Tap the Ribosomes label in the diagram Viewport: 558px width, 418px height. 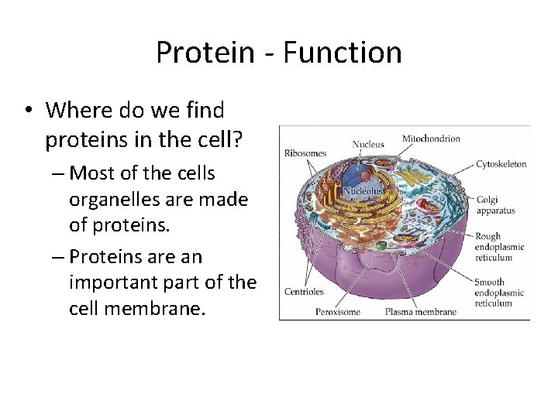pyautogui.click(x=305, y=152)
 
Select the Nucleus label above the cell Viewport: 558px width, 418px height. pyautogui.click(x=368, y=144)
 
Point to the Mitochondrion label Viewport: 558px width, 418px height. pyautogui.click(x=431, y=139)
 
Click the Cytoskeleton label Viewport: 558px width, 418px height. pyautogui.click(x=501, y=164)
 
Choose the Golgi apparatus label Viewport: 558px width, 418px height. pyautogui.click(x=494, y=204)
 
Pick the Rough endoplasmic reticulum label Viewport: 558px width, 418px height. pyautogui.click(x=499, y=247)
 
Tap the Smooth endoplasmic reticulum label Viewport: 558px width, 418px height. pyautogui.click(x=499, y=293)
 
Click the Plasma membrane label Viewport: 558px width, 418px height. pyautogui.click(x=421, y=313)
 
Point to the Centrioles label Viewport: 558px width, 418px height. pyautogui.click(x=304, y=292)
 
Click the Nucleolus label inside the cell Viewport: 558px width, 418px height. pyautogui.click(x=363, y=189)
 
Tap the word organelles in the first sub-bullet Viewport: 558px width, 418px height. pyautogui.click(x=117, y=200)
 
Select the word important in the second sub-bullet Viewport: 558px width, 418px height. pyautogui.click(x=117, y=282)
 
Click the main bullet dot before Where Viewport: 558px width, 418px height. pyautogui.click(x=27, y=111)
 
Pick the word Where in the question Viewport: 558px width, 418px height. pyautogui.click(x=74, y=111)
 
